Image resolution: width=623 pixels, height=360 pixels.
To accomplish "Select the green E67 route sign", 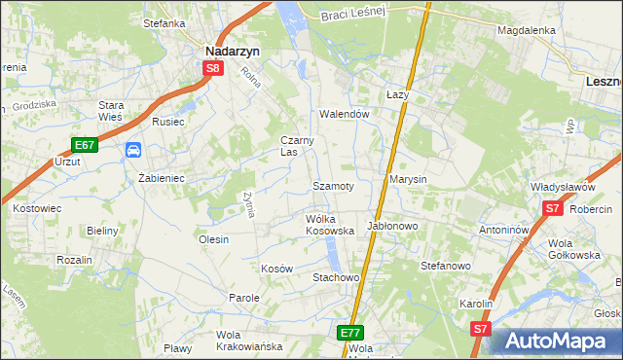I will pyautogui.click(x=85, y=145).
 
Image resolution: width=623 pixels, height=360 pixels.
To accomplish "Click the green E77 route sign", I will pyautogui.click(x=352, y=332).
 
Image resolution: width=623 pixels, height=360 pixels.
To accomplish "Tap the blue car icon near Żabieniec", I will pyautogui.click(x=133, y=150).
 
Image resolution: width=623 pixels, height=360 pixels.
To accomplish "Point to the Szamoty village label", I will pyautogui.click(x=333, y=185).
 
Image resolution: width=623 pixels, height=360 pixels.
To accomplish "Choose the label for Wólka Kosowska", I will pyautogui.click(x=329, y=225).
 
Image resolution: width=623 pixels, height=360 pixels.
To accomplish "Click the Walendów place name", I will pyautogui.click(x=346, y=114).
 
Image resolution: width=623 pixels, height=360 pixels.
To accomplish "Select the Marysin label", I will pyautogui.click(x=408, y=180).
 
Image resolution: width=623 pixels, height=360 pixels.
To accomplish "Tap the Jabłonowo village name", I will pyautogui.click(x=391, y=226).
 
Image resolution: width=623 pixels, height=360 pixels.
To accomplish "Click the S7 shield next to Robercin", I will pyautogui.click(x=552, y=208).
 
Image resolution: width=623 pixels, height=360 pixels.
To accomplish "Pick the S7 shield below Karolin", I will pyautogui.click(x=480, y=330).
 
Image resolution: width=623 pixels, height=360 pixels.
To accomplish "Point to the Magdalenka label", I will pyautogui.click(x=526, y=30).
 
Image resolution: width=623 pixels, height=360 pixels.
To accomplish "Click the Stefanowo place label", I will pyautogui.click(x=445, y=265).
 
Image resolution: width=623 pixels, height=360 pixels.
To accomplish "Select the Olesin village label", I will pyautogui.click(x=213, y=239).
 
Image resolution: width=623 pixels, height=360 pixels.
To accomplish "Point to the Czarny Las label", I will pyautogui.click(x=297, y=146).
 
